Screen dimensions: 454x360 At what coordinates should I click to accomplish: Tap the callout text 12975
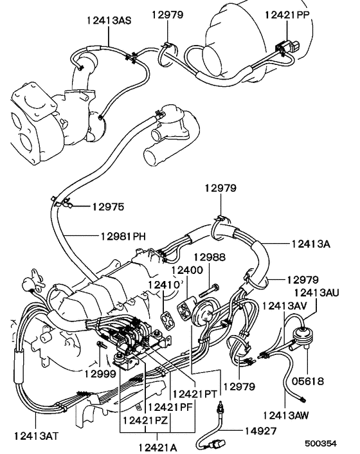click(x=107, y=207)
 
